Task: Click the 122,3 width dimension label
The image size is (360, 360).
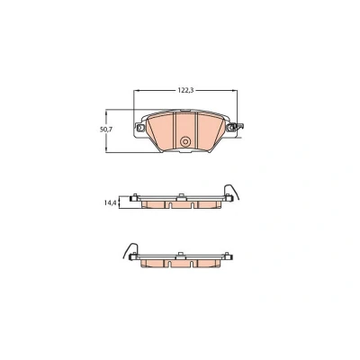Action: click(x=186, y=90)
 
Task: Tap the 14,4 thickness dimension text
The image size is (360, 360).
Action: click(x=110, y=203)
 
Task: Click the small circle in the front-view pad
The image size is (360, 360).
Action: click(x=185, y=141)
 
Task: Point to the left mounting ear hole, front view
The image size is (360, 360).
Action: click(x=139, y=128)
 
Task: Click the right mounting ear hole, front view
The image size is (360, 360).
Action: click(x=231, y=128)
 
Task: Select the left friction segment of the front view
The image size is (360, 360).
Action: click(x=160, y=131)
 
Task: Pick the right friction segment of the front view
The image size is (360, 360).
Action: click(x=210, y=131)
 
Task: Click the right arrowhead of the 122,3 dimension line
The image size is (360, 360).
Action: click(x=235, y=90)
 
